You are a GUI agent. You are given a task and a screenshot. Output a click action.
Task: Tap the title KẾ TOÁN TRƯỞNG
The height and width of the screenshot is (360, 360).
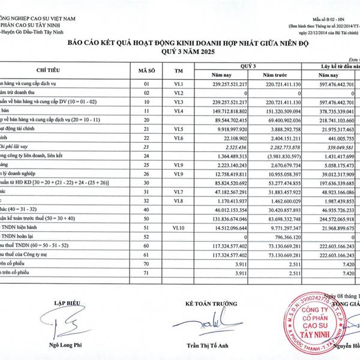(206, 304)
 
